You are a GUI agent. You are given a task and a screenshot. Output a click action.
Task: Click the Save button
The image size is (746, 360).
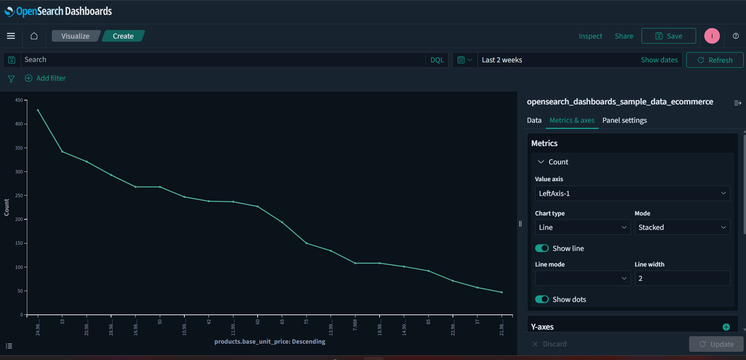[x=668, y=36]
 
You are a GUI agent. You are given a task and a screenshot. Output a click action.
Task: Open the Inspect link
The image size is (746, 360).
[x=590, y=36]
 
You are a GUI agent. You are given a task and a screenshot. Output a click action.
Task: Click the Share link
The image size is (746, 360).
[x=624, y=36]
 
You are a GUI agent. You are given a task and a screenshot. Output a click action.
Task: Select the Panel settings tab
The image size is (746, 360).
[x=624, y=120]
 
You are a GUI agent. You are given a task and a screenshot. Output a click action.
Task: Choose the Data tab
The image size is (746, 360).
[x=534, y=120]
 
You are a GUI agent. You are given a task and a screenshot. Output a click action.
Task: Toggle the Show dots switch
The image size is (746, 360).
[x=542, y=299]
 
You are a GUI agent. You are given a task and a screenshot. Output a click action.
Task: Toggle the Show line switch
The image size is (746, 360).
[x=542, y=248]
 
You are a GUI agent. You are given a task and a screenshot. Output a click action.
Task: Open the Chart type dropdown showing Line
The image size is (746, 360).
[x=582, y=228]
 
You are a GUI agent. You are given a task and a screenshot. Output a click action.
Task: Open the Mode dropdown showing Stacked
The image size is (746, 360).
[x=682, y=228]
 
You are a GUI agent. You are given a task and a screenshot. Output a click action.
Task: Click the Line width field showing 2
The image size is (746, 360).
[x=682, y=279]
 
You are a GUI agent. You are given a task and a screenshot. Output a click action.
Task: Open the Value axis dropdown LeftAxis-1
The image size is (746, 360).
[x=632, y=194]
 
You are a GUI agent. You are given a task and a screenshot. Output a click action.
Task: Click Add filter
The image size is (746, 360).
[x=46, y=78]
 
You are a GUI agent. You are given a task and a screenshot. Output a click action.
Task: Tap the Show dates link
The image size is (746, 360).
[x=659, y=60]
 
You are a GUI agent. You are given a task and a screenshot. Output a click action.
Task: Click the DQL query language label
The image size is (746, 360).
[x=437, y=60]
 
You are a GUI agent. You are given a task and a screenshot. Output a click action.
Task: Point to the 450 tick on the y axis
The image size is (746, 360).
[x=19, y=100]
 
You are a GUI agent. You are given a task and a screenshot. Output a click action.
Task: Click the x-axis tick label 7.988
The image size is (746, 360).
[x=355, y=325]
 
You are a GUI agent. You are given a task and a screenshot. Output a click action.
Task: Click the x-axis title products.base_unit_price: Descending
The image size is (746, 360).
[x=270, y=342]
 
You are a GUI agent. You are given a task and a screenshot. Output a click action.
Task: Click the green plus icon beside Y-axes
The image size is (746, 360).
[x=726, y=327]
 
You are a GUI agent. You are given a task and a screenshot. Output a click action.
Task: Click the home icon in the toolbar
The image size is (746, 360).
[x=34, y=36]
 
